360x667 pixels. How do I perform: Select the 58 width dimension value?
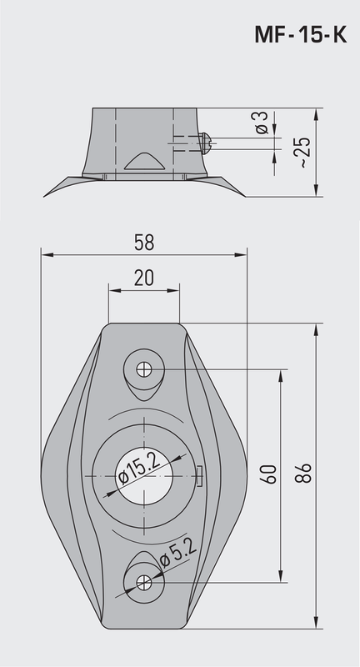(144, 243)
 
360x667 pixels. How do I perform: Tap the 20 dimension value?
(143, 278)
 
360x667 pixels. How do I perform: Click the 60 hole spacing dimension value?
(268, 474)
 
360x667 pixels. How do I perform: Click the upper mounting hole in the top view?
(144, 368)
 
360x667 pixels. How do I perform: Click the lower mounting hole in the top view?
(144, 582)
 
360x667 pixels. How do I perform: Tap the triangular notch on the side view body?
(142, 161)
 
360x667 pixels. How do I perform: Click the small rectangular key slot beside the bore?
(200, 475)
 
